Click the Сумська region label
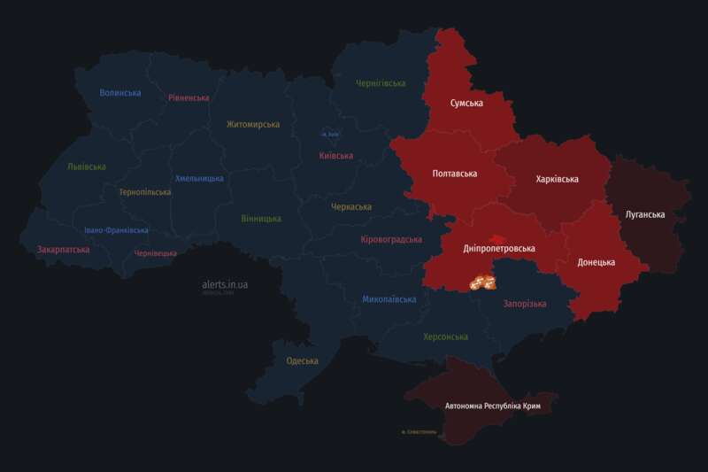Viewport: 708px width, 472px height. [466, 104]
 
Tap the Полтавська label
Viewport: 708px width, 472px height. [455, 174]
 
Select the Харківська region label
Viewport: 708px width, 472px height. [558, 179]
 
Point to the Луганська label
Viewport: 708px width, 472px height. [645, 214]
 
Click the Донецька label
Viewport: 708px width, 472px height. [596, 262]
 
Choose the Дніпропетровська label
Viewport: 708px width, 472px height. [499, 249]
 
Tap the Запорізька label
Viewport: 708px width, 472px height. [525, 304]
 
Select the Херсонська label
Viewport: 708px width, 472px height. [446, 337]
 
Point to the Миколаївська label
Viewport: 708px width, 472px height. [389, 299]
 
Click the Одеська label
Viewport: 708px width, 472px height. [303, 360]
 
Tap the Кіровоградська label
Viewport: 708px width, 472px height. [392, 240]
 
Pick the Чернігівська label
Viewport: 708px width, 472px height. [381, 83]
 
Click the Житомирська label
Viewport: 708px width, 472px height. [253, 125]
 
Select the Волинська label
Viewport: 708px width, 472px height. [120, 93]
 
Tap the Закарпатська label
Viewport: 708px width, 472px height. [63, 250]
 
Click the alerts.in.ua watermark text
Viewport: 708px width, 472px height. [225, 284]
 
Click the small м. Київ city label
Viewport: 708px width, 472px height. [330, 134]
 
